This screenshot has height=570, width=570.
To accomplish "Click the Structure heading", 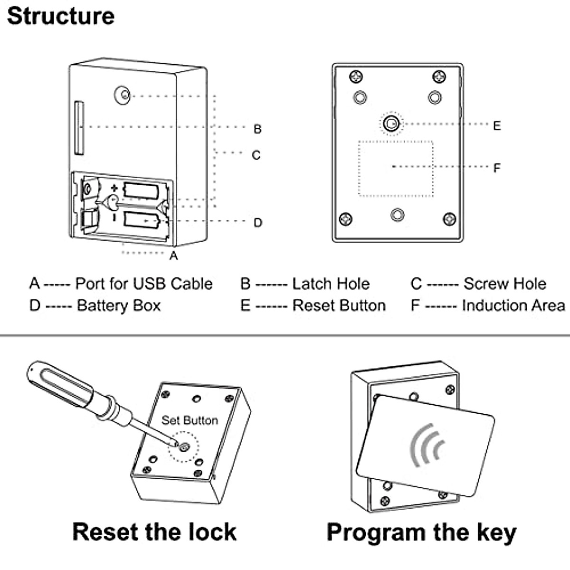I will pyautogui.click(x=61, y=16).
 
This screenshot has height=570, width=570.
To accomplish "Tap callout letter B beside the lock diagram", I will pyautogui.click(x=257, y=129).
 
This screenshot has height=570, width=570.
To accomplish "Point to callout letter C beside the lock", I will pyautogui.click(x=256, y=155).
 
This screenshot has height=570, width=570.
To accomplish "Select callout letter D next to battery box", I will pyautogui.click(x=258, y=222).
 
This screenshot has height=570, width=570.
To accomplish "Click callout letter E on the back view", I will pyautogui.click(x=497, y=126).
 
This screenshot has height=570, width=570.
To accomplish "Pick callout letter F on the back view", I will pyautogui.click(x=497, y=168).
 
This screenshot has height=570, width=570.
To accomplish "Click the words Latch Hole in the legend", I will pyautogui.click(x=331, y=284).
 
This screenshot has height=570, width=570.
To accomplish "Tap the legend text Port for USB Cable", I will pyautogui.click(x=144, y=284).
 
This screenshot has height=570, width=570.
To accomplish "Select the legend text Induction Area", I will pyautogui.click(x=513, y=305).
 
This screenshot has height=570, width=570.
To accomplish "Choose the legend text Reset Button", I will pyautogui.click(x=339, y=305).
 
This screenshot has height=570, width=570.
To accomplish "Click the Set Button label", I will pyautogui.click(x=190, y=420).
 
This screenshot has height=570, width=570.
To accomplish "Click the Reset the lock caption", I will pyautogui.click(x=154, y=532).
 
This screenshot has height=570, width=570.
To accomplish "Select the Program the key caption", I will pyautogui.click(x=421, y=532).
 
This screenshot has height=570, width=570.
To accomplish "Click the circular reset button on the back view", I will pyautogui.click(x=391, y=124).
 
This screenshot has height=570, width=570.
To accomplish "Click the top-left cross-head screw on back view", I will pyautogui.click(x=356, y=76).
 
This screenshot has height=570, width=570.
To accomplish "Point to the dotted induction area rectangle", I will pyautogui.click(x=396, y=169).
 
